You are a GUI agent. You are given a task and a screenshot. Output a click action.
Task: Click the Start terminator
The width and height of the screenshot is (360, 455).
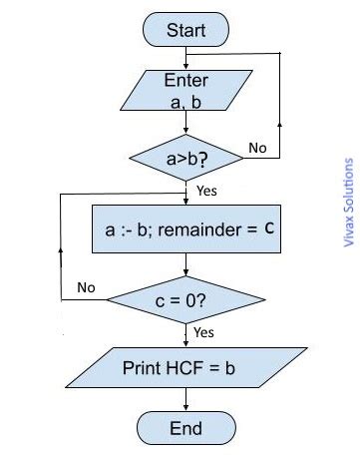tap(185, 30)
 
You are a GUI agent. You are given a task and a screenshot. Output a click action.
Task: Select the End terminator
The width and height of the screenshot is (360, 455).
tap(185, 428)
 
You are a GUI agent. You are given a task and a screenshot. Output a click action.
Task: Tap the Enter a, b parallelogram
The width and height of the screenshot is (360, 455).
tap(185, 91)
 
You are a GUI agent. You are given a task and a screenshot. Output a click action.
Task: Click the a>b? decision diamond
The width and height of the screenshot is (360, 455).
tap(185, 158)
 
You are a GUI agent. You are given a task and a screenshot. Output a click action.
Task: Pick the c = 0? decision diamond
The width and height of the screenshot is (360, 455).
tap(185, 297)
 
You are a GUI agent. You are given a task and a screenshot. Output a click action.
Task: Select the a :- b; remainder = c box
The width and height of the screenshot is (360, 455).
tap(187, 229)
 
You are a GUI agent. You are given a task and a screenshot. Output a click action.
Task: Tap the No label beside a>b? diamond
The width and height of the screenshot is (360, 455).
tap(257, 149)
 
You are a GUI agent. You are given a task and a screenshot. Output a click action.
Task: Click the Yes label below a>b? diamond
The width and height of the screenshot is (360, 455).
tap(207, 190)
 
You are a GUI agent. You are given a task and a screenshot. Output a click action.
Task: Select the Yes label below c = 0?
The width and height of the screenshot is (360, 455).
tap(202, 331)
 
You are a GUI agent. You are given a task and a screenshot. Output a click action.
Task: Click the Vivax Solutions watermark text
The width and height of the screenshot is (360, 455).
tap(348, 204)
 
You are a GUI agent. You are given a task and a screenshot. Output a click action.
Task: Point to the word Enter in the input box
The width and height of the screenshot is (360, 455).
tap(185, 80)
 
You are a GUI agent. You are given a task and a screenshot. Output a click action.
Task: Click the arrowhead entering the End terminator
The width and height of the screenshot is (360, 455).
tap(185, 406)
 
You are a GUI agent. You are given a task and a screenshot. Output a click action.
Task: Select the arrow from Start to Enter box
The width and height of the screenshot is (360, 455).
tap(185, 55)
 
